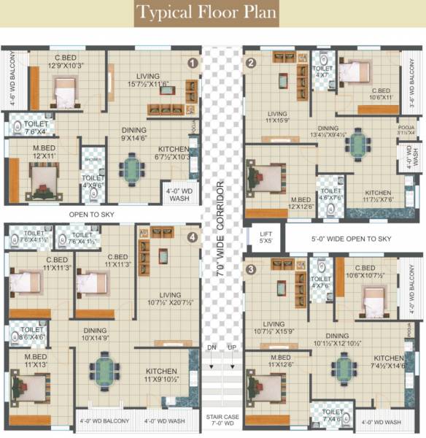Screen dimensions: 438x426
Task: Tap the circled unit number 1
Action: point(193,64)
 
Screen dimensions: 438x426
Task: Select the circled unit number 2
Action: point(251,63)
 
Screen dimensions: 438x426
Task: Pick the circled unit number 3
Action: point(251,269)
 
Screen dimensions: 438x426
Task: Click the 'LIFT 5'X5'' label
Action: point(266,237)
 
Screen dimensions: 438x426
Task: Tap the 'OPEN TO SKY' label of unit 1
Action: point(93,215)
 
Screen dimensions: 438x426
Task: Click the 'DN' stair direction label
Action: point(211,347)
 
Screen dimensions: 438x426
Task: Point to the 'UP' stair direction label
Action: point(233,347)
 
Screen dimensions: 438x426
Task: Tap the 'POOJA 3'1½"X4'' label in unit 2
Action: point(406,130)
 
